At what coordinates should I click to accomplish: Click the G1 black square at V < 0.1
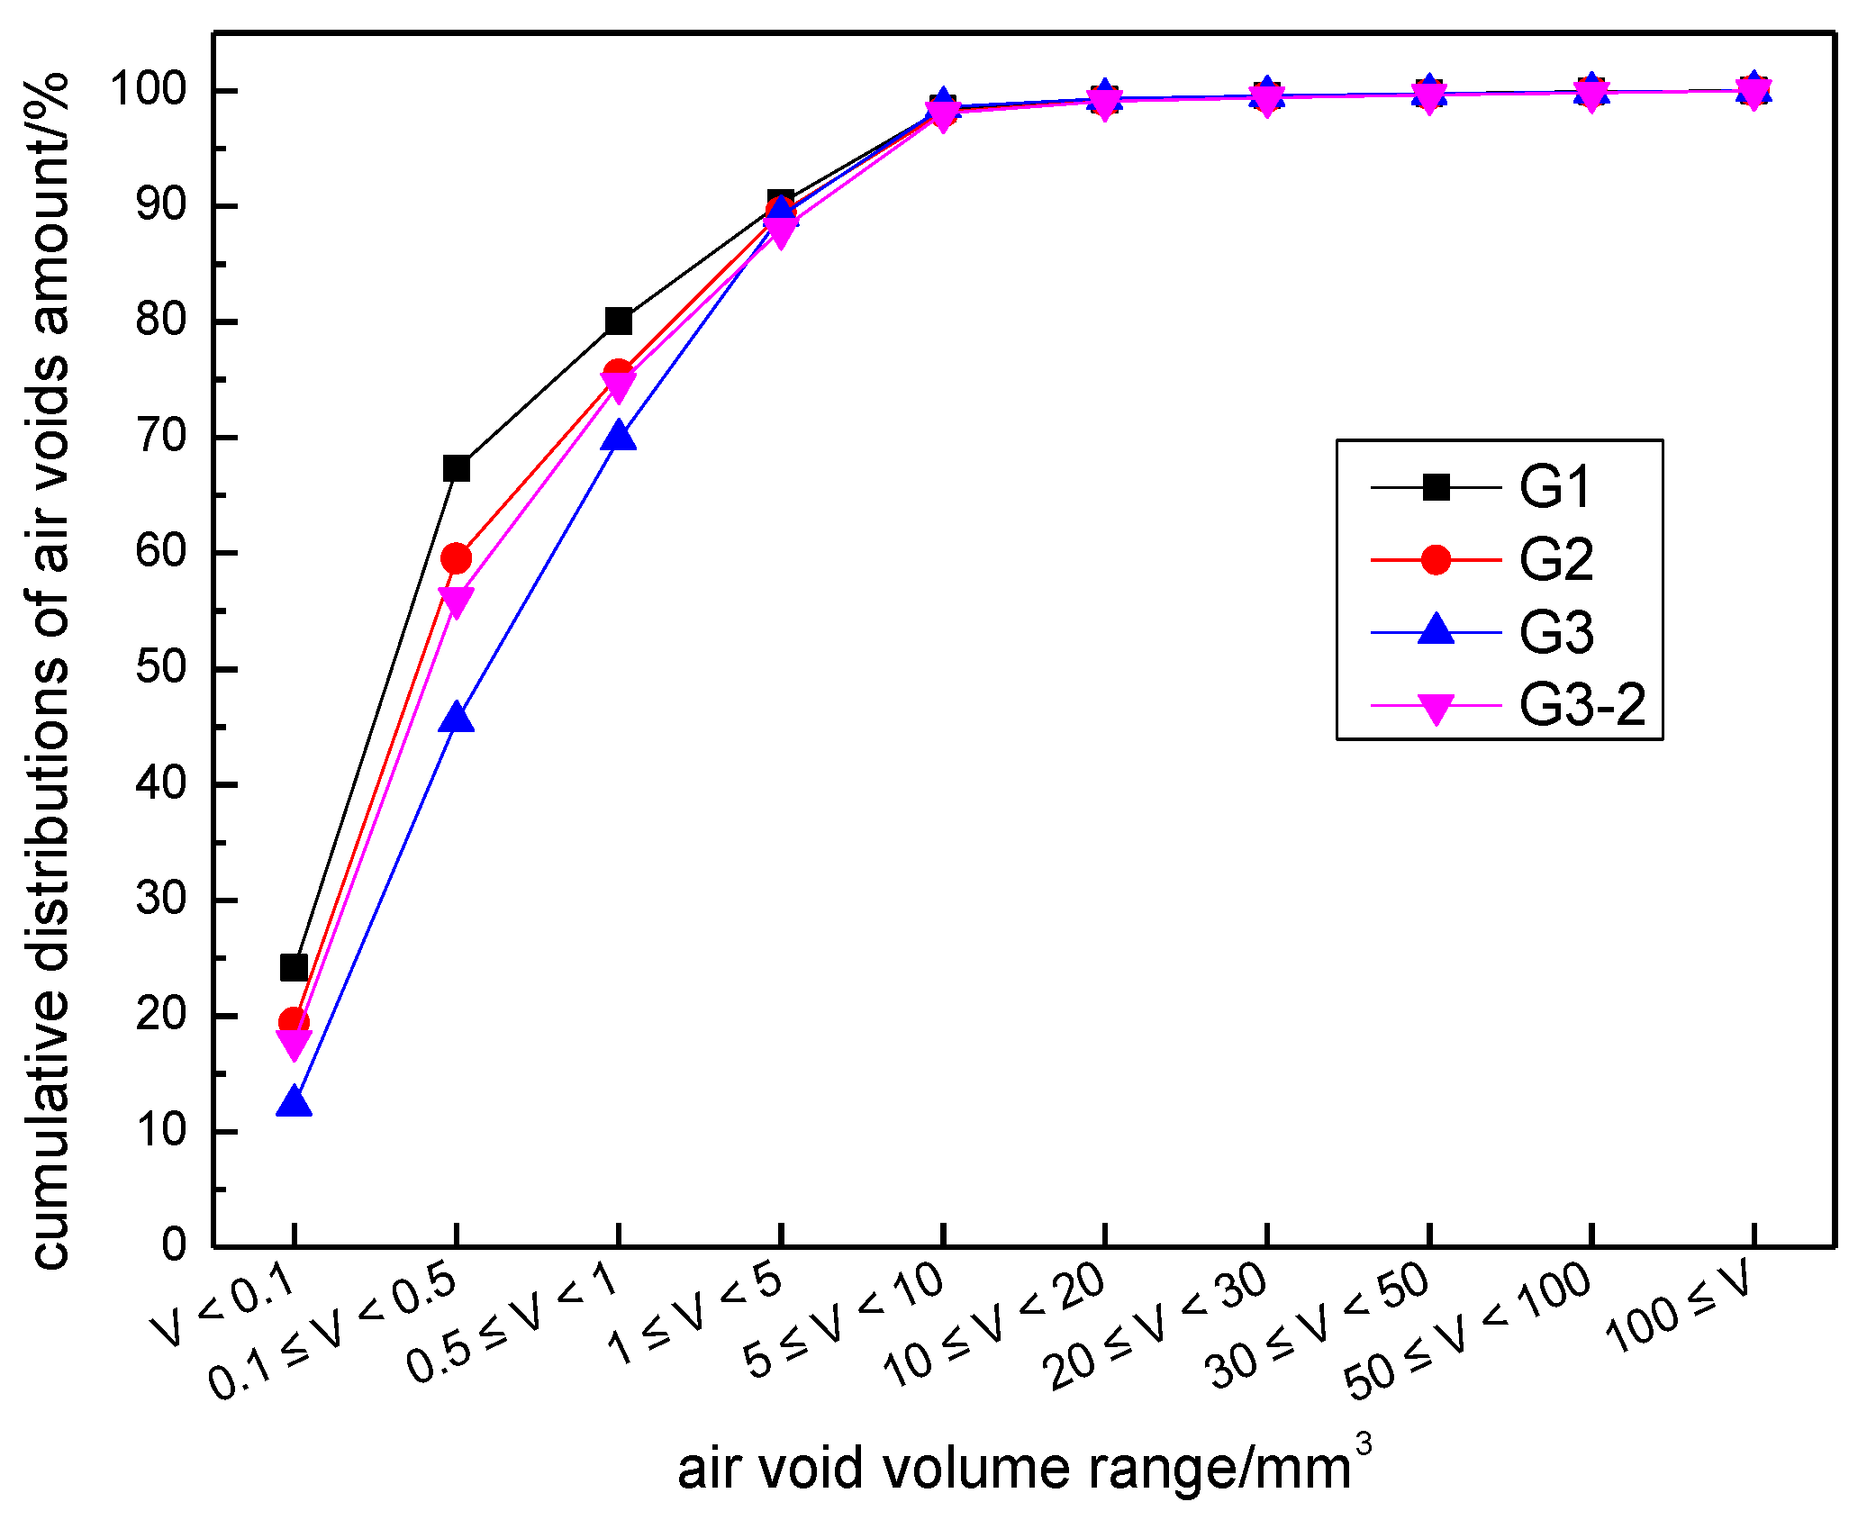pyautogui.click(x=294, y=967)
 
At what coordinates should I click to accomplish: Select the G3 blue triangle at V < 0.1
pyautogui.click(x=294, y=1103)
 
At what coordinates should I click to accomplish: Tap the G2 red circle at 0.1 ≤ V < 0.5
pyautogui.click(x=456, y=558)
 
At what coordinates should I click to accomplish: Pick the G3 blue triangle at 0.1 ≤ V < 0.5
pyautogui.click(x=456, y=719)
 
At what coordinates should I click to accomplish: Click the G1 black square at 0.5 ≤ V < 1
pyautogui.click(x=618, y=321)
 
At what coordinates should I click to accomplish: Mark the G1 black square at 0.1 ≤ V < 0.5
pyautogui.click(x=456, y=468)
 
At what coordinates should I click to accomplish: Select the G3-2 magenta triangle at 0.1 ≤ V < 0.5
pyautogui.click(x=456, y=602)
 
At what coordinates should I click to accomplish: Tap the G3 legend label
pyautogui.click(x=1555, y=633)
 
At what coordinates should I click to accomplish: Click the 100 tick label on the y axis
pyautogui.click(x=148, y=89)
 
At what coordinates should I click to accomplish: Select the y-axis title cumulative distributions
pyautogui.click(x=50, y=671)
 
